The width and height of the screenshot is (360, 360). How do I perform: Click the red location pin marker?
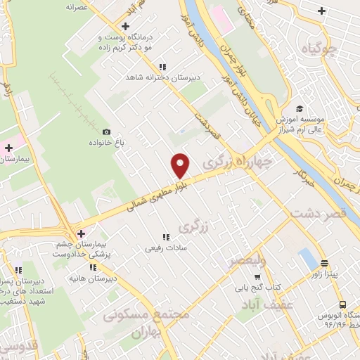[181, 165]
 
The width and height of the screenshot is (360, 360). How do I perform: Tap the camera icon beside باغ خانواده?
[107, 131]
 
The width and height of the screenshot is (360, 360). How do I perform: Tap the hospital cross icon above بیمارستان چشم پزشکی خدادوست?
[81, 233]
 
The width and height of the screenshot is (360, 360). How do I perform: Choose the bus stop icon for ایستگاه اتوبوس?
[342, 305]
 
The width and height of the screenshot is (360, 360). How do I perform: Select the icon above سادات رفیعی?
[167, 237]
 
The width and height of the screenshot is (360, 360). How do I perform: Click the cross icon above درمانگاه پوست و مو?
[124, 25]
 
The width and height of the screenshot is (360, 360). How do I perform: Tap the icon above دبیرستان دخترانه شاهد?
[162, 66]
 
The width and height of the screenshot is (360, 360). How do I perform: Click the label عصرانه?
[81, 6]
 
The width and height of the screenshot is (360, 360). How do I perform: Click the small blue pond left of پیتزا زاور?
[307, 259]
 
